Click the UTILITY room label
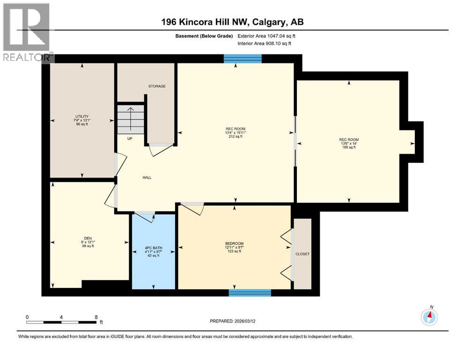click(x=82, y=116)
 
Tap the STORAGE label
click(x=157, y=86)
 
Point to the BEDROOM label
click(x=234, y=243)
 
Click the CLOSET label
click(x=302, y=254)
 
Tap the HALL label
click(x=147, y=177)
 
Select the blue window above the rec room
click(x=242, y=58)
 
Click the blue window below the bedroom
click(x=250, y=292)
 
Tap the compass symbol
click(x=429, y=317)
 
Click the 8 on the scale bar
click(x=96, y=317)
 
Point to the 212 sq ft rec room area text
click(x=235, y=137)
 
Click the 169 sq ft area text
click(x=348, y=147)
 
